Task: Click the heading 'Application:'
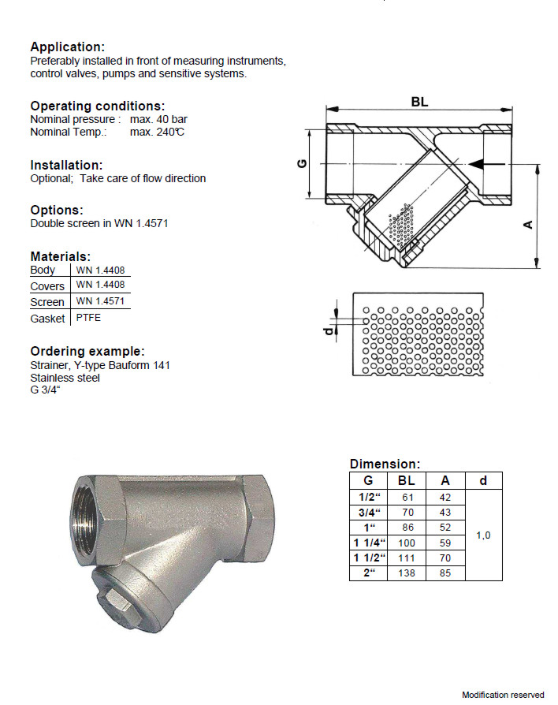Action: tap(67, 47)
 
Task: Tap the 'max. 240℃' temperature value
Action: tap(157, 132)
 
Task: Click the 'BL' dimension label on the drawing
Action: tap(419, 101)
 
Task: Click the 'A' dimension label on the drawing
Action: tap(529, 224)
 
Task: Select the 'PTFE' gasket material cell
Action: tap(88, 318)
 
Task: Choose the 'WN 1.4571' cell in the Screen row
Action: tap(100, 301)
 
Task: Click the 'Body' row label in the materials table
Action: tap(43, 270)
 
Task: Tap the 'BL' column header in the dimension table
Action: tap(407, 480)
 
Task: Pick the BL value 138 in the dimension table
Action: tap(407, 573)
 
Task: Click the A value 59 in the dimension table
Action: tap(445, 543)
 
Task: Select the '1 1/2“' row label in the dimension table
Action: tap(368, 558)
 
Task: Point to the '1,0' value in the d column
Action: tap(484, 535)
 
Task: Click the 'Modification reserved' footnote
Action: tap(503, 695)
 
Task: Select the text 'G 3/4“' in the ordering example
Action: tap(47, 390)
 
